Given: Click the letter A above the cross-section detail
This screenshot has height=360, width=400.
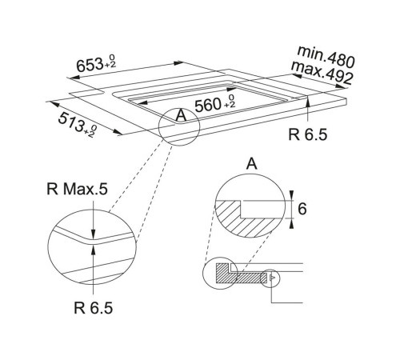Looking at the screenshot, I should tap(251, 166).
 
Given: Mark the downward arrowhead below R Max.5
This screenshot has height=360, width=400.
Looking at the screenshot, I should tap(94, 229).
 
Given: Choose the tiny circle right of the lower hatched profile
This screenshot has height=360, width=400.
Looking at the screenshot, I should tap(273, 277).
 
